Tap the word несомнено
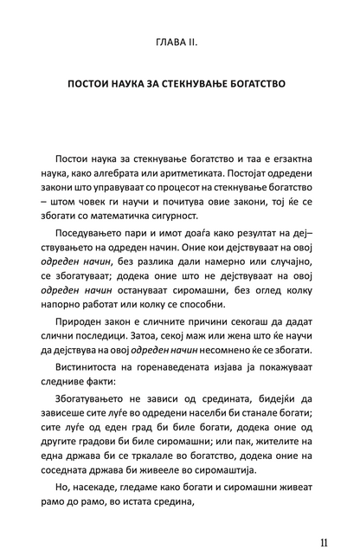coord(236,391)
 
